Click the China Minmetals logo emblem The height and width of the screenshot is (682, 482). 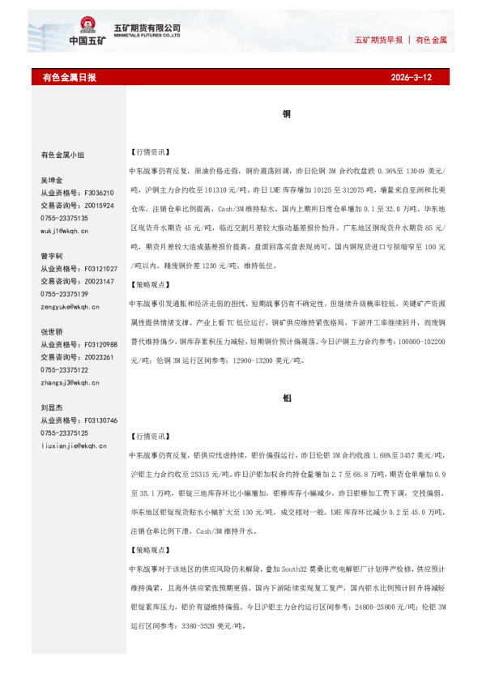pyautogui.click(x=90, y=27)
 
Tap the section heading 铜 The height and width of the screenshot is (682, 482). pyautogui.click(x=287, y=115)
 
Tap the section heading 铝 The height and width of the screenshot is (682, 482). pyautogui.click(x=287, y=399)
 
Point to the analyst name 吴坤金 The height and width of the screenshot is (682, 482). pyautogui.click(x=52, y=181)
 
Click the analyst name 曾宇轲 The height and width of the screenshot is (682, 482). pyautogui.click(x=52, y=256)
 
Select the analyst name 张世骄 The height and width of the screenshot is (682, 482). pyautogui.click(x=52, y=332)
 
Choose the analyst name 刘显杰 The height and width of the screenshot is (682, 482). pyautogui.click(x=52, y=408)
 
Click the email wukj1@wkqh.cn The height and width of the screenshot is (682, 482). pyautogui.click(x=65, y=231)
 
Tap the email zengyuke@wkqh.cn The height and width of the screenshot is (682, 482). pyautogui.click(x=70, y=307)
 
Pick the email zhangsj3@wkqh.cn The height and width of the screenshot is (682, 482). pyautogui.click(x=70, y=382)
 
